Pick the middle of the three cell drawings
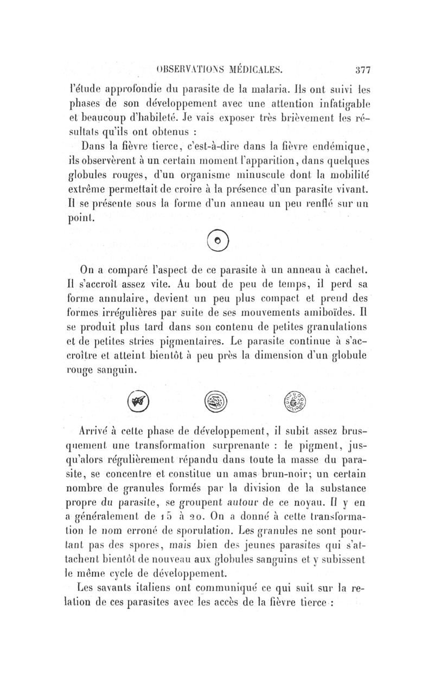click(x=217, y=401)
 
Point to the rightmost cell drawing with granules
click(x=295, y=401)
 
